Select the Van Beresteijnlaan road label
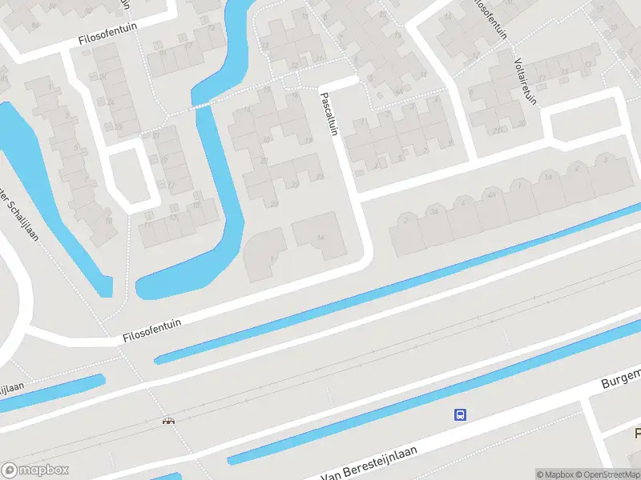[380, 464]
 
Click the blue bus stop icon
[461, 414]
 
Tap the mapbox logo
[35, 470]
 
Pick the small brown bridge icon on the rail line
[168, 421]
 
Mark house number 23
[274, 204]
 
